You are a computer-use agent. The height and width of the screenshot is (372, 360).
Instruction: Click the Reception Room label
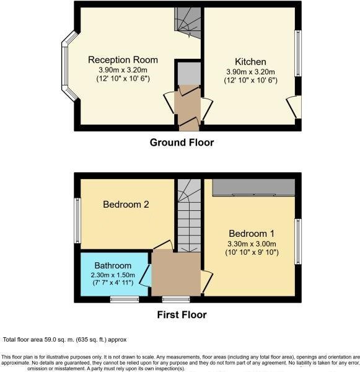[x=123, y=60]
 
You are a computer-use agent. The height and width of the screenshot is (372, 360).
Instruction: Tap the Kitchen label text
[x=250, y=62]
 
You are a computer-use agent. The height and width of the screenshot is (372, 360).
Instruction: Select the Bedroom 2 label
[x=126, y=205]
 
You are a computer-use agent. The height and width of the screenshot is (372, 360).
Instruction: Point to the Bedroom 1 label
[x=250, y=234]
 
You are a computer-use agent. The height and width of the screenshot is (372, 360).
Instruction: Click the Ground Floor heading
[x=182, y=143]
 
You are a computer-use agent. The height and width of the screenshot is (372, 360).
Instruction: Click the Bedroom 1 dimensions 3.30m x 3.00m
[x=250, y=244]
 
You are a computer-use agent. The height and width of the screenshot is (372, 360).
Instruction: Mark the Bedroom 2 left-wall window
[x=77, y=219]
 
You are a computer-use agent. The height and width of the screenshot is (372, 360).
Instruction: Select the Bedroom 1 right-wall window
[x=299, y=239]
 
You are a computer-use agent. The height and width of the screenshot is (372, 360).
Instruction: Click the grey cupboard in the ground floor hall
[x=187, y=74]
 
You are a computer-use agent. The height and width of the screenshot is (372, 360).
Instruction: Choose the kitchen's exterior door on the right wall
[x=297, y=107]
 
